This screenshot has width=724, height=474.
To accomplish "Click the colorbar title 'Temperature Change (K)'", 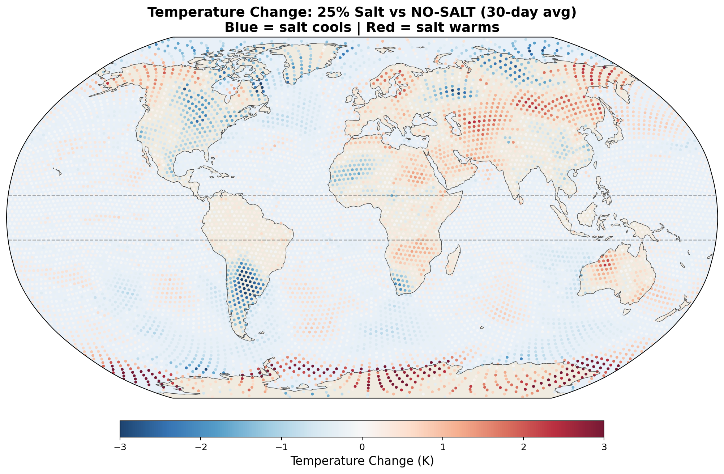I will point(362,461).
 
